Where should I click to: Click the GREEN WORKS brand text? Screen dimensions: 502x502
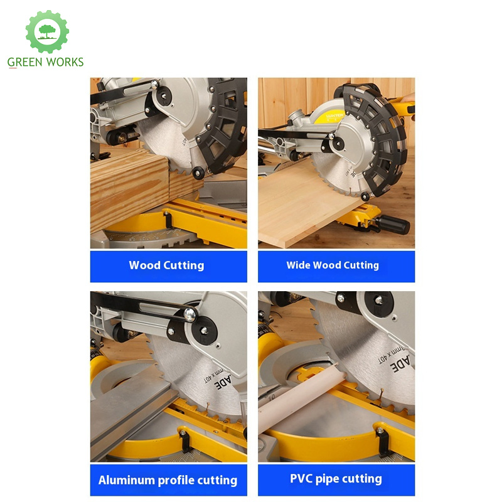[x=45, y=62]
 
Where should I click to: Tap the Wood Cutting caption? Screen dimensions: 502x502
[x=166, y=265]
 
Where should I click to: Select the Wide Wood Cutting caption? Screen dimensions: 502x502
[x=333, y=265]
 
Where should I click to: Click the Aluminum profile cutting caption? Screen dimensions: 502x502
[x=168, y=481]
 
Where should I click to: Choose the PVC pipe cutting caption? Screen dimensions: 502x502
[x=336, y=479]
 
